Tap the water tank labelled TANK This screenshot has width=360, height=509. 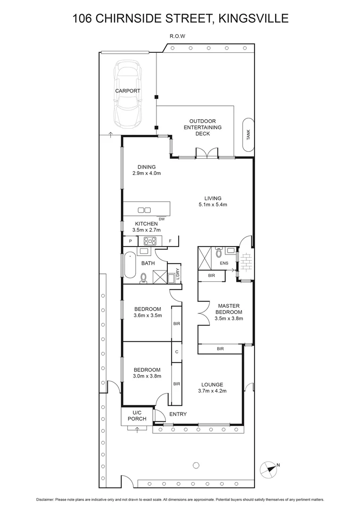(248, 134)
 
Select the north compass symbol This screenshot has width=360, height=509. (268, 468)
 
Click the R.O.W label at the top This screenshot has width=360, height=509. (177, 36)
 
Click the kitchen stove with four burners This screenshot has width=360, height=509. (150, 241)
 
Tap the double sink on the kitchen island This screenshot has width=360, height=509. (144, 210)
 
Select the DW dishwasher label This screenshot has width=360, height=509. (162, 219)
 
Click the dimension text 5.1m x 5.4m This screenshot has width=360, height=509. (213, 205)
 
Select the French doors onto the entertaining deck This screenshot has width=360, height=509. (207, 153)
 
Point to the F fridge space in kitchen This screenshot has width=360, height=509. (170, 241)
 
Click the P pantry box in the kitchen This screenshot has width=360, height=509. (130, 241)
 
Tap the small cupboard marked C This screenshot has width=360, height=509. (176, 352)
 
